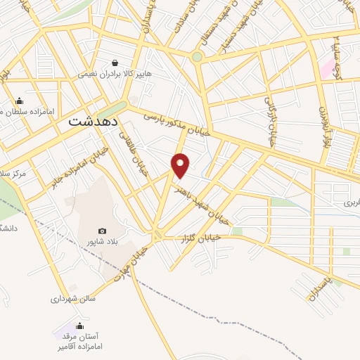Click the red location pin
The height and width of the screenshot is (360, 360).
coord(181,165)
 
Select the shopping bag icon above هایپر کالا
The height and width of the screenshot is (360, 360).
coord(115,63)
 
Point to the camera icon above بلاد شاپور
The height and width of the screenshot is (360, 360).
coord(103,231)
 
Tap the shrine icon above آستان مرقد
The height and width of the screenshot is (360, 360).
coord(79,326)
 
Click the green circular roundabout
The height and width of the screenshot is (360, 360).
coord(197,57)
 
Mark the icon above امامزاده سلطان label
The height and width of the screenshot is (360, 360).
coord(19,101)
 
